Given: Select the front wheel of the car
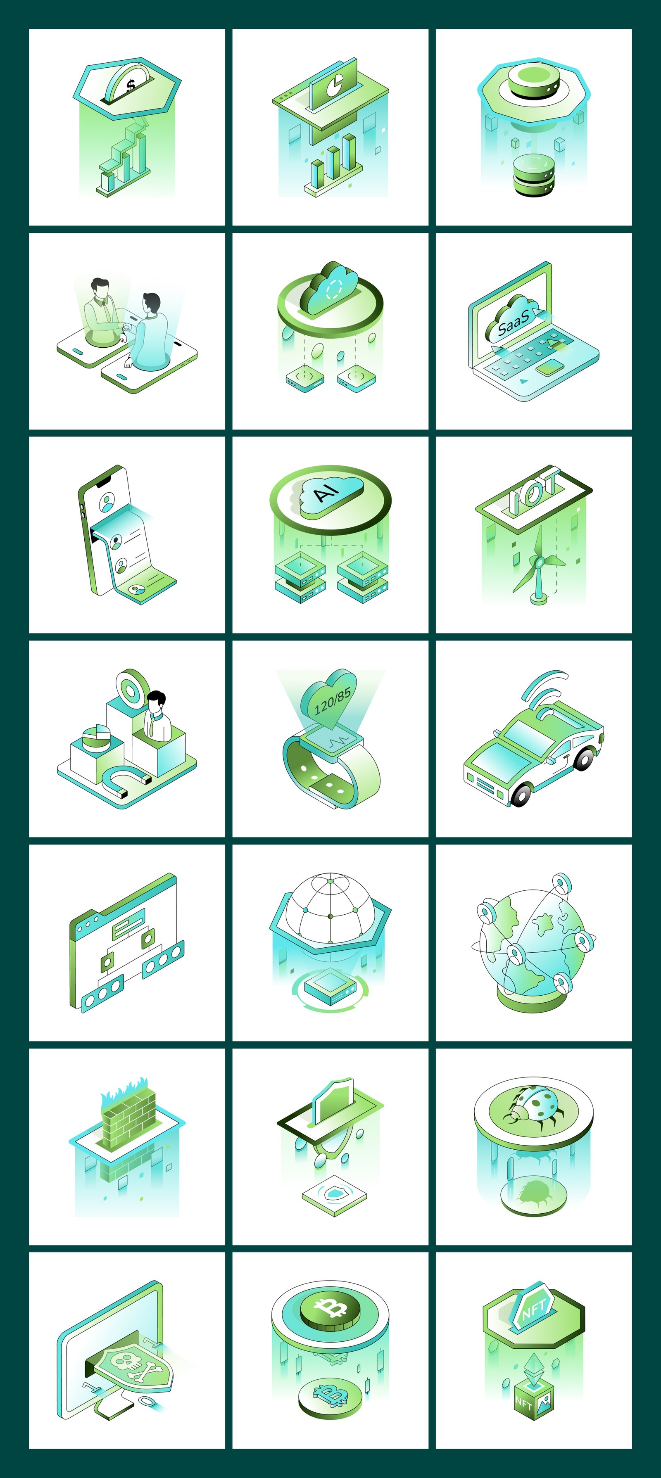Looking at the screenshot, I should pos(521,794).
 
